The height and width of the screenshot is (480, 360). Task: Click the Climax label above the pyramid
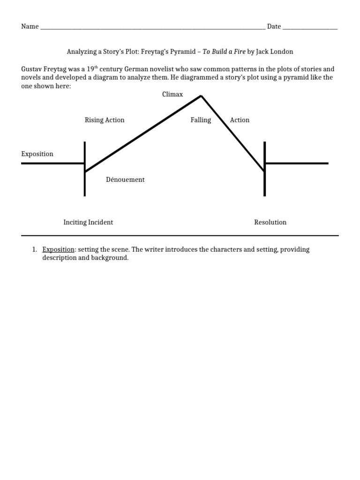click(172, 95)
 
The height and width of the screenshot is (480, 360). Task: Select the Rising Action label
click(105, 120)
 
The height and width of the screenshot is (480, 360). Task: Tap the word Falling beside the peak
click(201, 120)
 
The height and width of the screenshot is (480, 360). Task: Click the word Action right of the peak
click(240, 120)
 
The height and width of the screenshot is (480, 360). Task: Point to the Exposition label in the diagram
click(37, 154)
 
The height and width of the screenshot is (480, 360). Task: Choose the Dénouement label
click(126, 180)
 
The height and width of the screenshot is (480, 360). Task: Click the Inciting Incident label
click(88, 222)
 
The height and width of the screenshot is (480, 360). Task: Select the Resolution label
click(270, 222)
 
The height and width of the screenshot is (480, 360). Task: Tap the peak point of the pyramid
click(201, 96)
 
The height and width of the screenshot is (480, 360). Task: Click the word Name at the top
click(30, 27)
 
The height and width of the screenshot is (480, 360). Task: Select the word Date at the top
click(274, 27)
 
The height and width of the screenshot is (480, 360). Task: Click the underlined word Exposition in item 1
click(58, 250)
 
